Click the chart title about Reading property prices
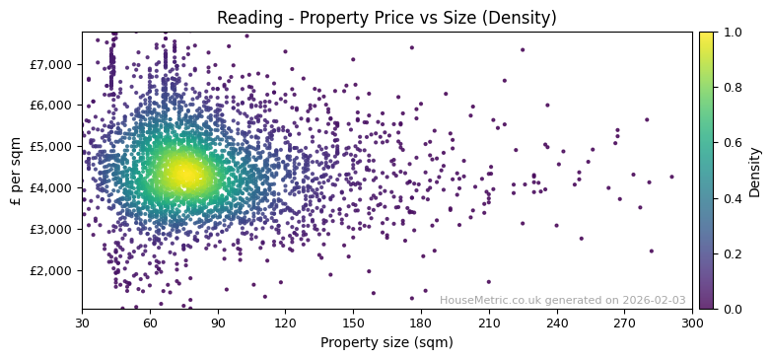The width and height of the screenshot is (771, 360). [x=386, y=18]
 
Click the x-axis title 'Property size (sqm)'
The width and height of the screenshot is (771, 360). [x=386, y=342]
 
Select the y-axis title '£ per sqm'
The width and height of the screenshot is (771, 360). [x=16, y=170]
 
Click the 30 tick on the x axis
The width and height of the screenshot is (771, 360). [x=82, y=323]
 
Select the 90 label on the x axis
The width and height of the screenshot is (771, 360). [x=218, y=323]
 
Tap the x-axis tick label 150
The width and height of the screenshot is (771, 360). [x=353, y=323]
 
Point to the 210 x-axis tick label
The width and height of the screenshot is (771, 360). [x=489, y=323]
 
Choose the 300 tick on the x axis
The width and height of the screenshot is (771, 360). [x=692, y=323]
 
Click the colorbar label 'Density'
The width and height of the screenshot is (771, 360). [x=755, y=171]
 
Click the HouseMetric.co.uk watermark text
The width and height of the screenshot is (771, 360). [x=562, y=301]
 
